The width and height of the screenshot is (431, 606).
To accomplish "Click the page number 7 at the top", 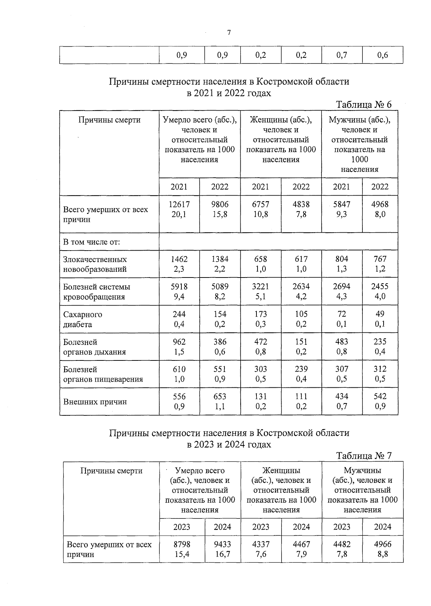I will (229, 33).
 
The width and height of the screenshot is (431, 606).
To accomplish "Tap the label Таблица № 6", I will (363, 104).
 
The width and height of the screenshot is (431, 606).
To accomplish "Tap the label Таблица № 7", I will (363, 456).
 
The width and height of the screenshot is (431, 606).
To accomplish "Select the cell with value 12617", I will (179, 204).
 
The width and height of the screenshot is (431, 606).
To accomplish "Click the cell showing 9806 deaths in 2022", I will (220, 204).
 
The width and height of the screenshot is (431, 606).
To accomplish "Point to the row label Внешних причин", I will (95, 401).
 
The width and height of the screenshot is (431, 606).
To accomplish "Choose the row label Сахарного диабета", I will (83, 319).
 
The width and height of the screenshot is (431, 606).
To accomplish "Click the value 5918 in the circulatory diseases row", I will (179, 286).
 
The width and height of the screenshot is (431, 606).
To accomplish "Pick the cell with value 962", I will (179, 342).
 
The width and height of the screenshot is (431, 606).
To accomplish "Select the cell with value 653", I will (220, 396).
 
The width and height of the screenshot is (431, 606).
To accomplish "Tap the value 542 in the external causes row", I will (380, 396).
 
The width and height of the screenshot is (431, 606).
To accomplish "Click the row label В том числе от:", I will (92, 242).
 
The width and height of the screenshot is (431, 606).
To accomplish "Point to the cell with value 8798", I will (182, 544).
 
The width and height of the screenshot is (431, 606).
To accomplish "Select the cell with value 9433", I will (222, 544).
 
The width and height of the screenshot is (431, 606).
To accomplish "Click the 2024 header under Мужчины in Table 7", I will (383, 527).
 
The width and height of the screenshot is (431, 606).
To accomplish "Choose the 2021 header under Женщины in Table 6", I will (260, 186).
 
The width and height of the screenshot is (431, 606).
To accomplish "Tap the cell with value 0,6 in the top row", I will (383, 55).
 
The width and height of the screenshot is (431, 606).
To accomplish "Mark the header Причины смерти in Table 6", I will (109, 120).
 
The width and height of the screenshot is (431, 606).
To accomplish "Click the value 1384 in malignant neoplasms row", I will (220, 259).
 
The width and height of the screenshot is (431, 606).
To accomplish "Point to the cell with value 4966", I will (383, 544).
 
